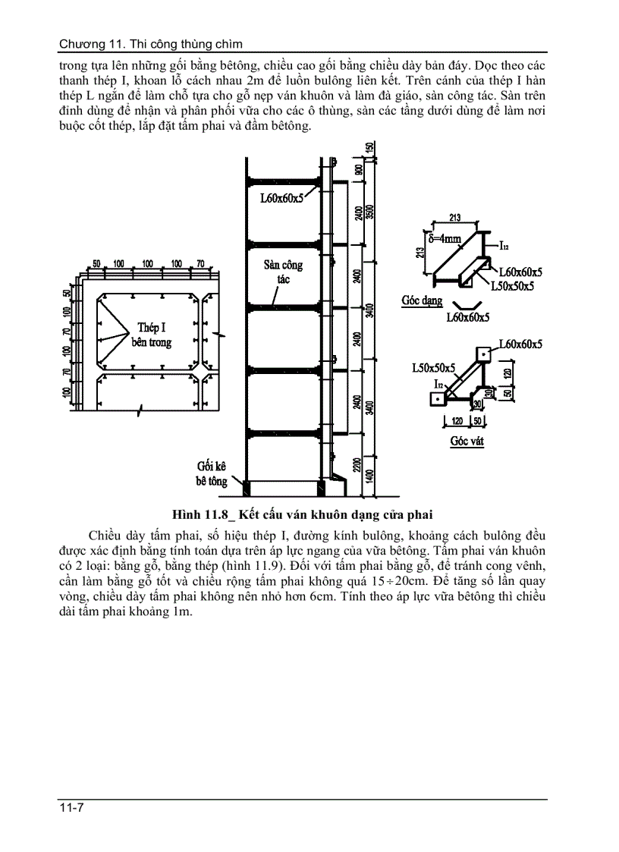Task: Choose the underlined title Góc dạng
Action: [422, 300]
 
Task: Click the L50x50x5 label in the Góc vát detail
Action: [434, 368]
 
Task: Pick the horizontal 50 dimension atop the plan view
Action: [96, 263]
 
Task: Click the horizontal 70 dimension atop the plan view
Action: [200, 263]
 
